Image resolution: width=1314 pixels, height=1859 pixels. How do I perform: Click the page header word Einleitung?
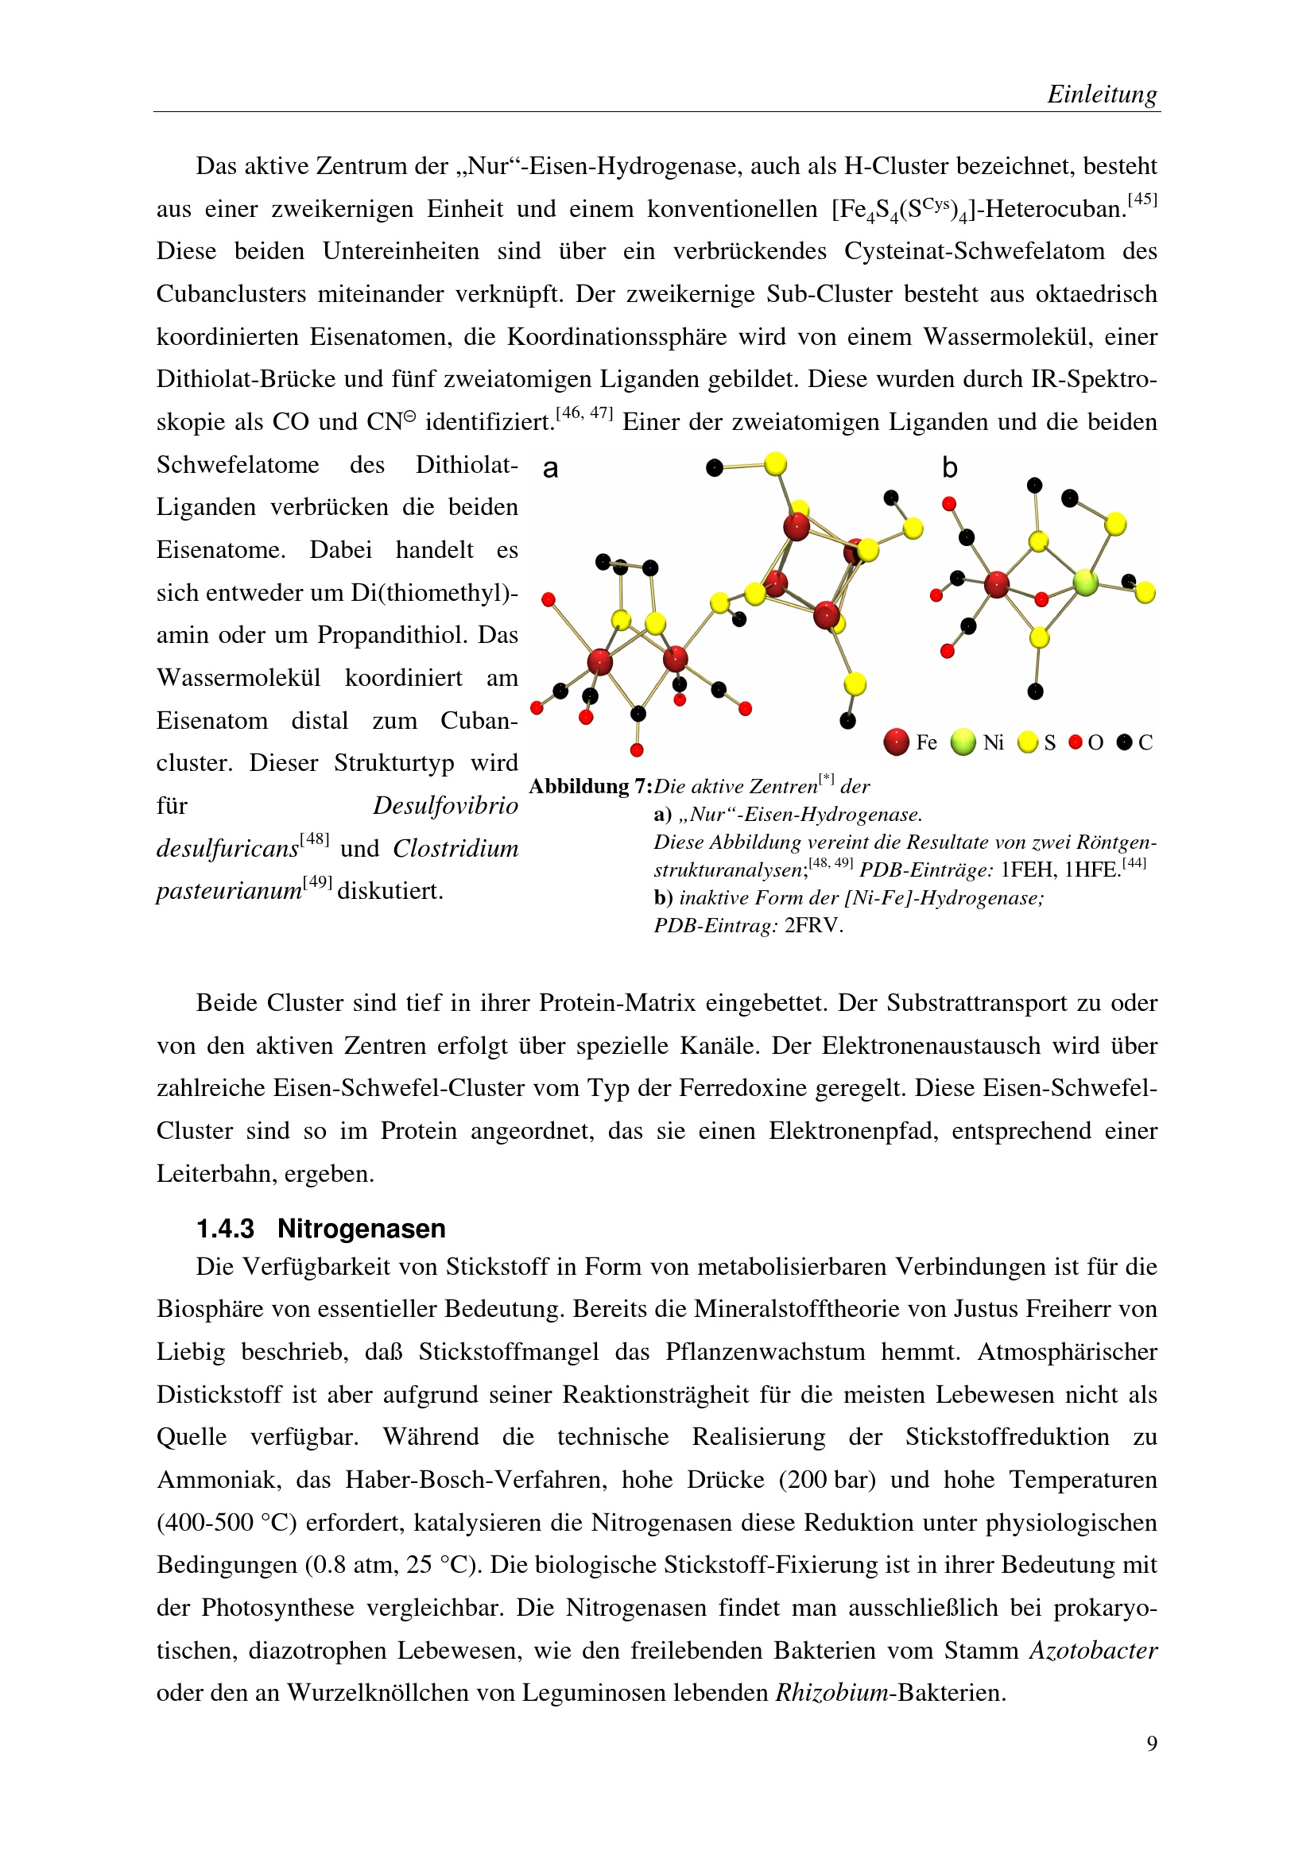point(1102,95)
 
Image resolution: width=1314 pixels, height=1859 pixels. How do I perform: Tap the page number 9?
point(1152,1743)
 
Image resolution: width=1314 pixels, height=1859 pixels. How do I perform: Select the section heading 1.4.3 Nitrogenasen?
point(320,1228)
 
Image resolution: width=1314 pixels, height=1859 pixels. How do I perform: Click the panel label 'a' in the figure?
point(551,468)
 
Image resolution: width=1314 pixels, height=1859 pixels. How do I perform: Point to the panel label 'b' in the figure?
point(950,468)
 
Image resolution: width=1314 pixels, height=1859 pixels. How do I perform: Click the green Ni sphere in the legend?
point(963,742)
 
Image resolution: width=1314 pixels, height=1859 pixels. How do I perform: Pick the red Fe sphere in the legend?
point(896,742)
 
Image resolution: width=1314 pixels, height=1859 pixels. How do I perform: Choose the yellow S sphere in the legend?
point(1027,742)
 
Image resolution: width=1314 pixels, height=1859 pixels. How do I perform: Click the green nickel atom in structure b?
point(1085,581)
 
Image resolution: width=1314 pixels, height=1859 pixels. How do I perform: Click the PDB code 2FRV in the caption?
point(814,925)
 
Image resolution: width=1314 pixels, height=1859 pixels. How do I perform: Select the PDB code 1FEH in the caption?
point(1027,870)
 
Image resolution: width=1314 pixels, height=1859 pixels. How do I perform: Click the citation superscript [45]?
point(1142,199)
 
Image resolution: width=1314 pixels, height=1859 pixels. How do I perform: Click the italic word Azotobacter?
point(1093,1650)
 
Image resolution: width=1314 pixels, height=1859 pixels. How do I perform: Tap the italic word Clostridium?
point(455,849)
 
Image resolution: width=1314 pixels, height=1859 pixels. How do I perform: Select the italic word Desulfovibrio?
point(445,806)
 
